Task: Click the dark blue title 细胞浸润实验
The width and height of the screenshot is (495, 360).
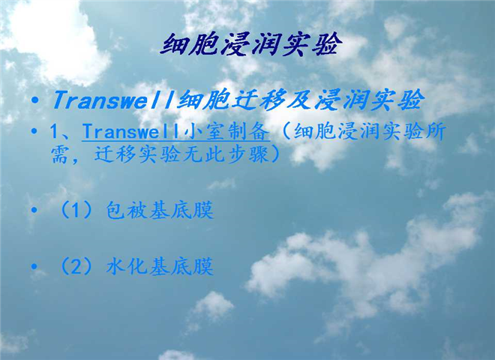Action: [251, 44]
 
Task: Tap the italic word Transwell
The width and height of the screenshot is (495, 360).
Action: [114, 100]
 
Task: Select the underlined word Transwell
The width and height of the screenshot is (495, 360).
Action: [130, 131]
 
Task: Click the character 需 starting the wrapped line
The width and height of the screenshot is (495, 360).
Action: [60, 154]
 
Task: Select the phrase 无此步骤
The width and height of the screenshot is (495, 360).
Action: [224, 154]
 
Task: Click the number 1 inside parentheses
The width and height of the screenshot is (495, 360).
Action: [76, 211]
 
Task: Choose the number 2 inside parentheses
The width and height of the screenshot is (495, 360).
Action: [76, 267]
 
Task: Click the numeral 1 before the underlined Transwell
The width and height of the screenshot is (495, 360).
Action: [55, 132]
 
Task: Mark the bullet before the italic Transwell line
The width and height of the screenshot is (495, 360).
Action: [35, 100]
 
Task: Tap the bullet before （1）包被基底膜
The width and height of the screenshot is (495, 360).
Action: [34, 210]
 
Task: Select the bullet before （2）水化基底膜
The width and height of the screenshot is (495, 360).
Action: [34, 267]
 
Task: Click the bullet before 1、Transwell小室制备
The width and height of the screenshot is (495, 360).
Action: [34, 131]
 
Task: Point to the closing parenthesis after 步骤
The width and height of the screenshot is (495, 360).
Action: [274, 154]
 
